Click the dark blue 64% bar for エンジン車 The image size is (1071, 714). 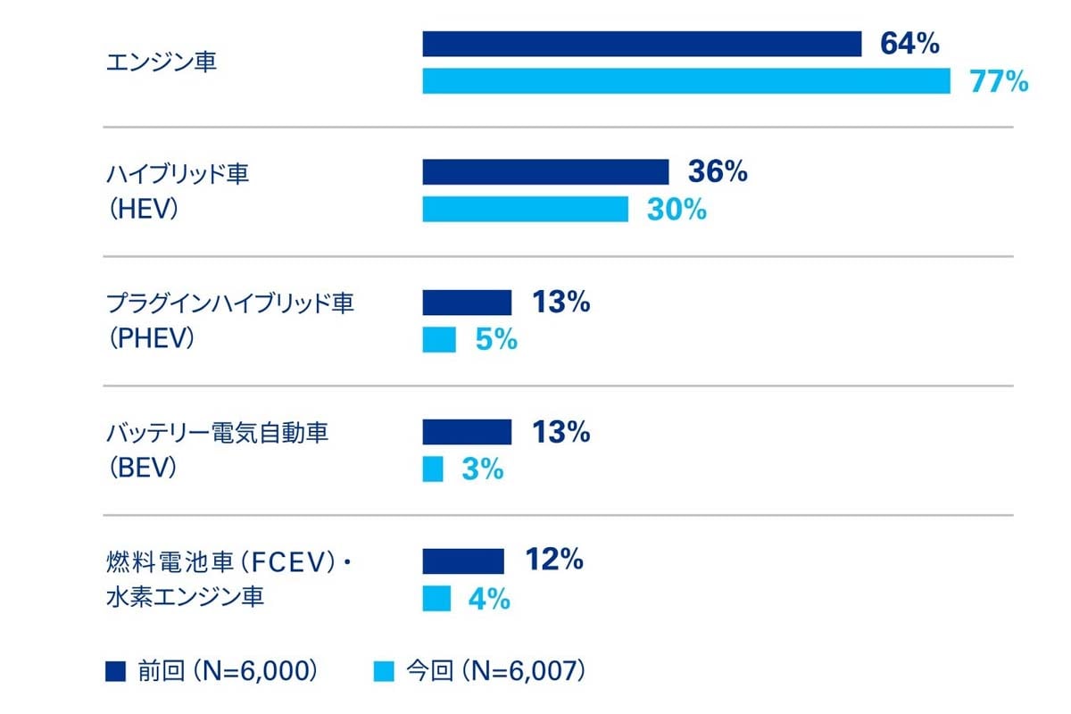pos(642,44)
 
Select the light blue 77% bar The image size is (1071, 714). pos(686,81)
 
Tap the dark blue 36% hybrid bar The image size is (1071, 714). pos(545,172)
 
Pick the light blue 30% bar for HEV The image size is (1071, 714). pos(525,210)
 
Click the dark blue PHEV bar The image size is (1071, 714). pos(467,303)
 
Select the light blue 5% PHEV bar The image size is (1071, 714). pos(439,340)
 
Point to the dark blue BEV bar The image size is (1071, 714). pos(467,432)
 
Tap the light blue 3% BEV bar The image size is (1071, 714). pos(433,469)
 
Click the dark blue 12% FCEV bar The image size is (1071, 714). pos(463,561)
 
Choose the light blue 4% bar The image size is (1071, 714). pos(436,599)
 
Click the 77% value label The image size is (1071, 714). pos(1000,82)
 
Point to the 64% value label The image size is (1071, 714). pos(909,44)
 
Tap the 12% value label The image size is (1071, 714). pos(554,560)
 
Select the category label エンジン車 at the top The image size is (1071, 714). pos(161,63)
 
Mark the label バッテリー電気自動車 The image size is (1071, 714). pos(217,434)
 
